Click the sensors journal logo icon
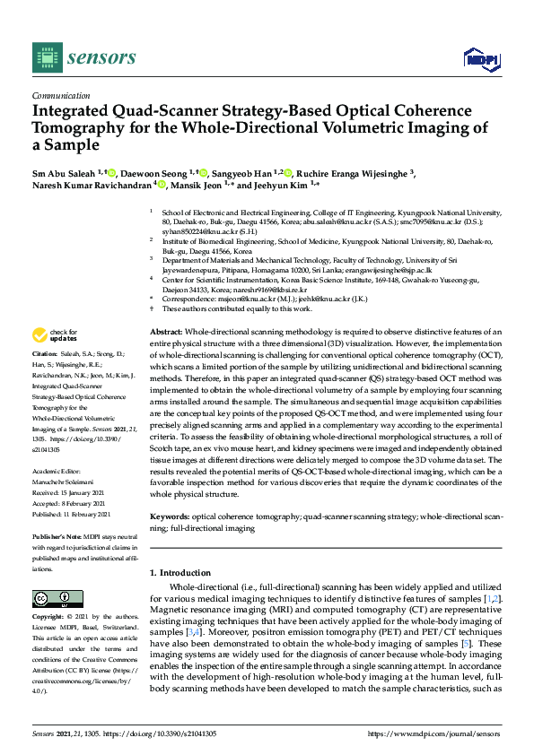[45, 58]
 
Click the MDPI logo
[481, 58]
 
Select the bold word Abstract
[165, 332]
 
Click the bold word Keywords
[170, 517]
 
